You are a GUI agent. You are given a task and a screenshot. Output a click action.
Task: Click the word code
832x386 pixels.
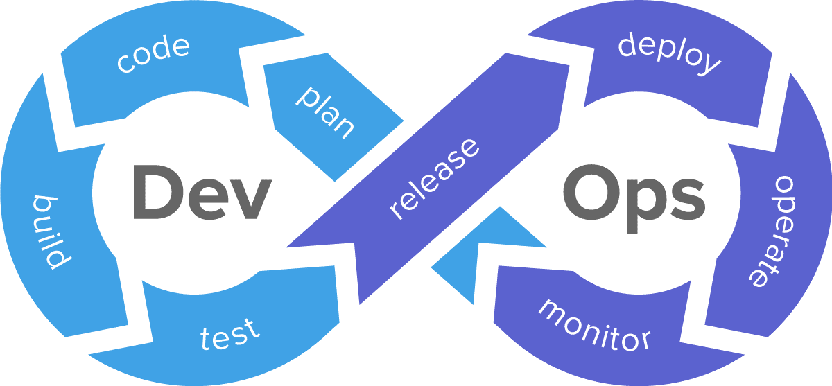(x=153, y=55)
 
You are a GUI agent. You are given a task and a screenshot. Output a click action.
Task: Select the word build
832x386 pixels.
(x=51, y=232)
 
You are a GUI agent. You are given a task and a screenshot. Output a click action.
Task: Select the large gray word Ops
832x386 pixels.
(x=633, y=194)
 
